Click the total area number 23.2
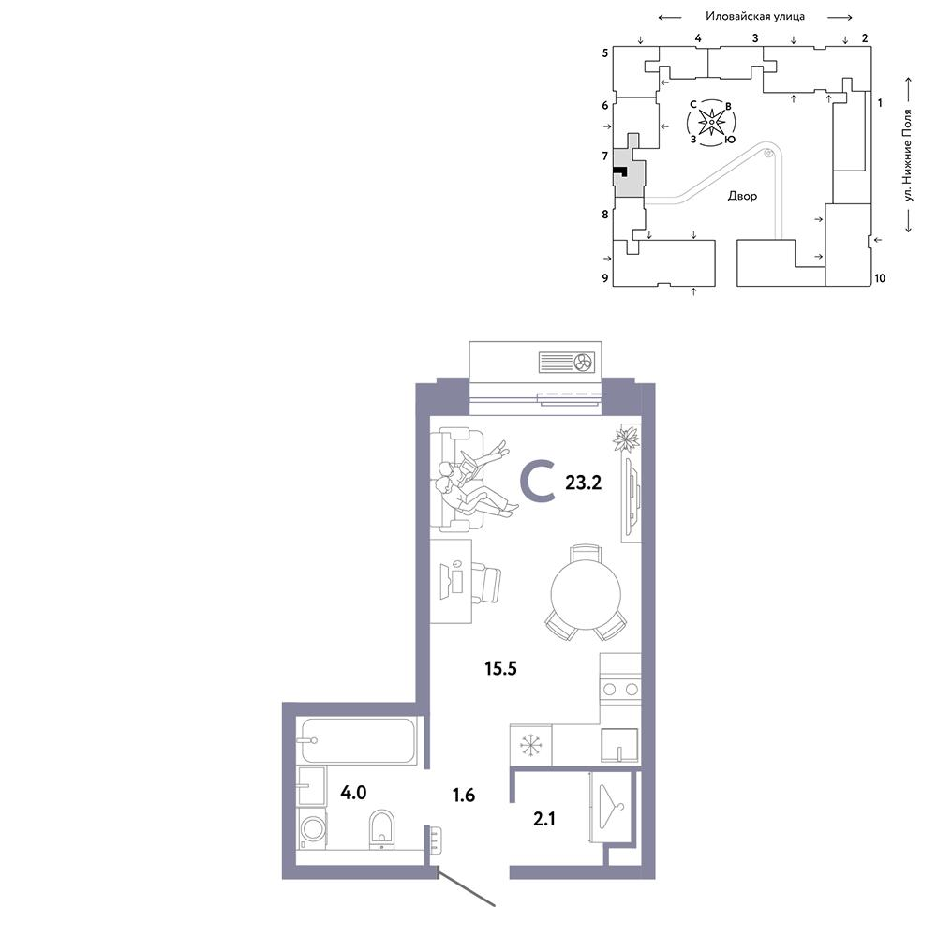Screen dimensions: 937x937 tap(583, 483)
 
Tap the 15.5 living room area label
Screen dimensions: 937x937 tap(500, 668)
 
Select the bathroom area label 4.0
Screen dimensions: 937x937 tap(353, 793)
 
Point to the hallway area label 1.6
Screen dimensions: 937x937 tap(464, 795)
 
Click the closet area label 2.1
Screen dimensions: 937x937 tap(544, 818)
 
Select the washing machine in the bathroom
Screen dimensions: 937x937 tap(312, 828)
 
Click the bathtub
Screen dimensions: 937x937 tap(359, 741)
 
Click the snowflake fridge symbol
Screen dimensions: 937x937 tap(530, 745)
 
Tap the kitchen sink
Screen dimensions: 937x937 tap(619, 745)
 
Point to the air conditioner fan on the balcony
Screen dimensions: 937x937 tap(583, 362)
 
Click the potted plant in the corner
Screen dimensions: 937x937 tap(626, 439)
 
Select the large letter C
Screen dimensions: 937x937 tap(538, 482)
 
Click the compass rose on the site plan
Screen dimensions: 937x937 tap(712, 123)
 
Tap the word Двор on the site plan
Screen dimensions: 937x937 tap(742, 196)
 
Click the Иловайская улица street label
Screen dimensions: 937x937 tap(755, 16)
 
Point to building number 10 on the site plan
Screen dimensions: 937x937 tap(880, 278)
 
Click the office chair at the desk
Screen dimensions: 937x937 tap(485, 583)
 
